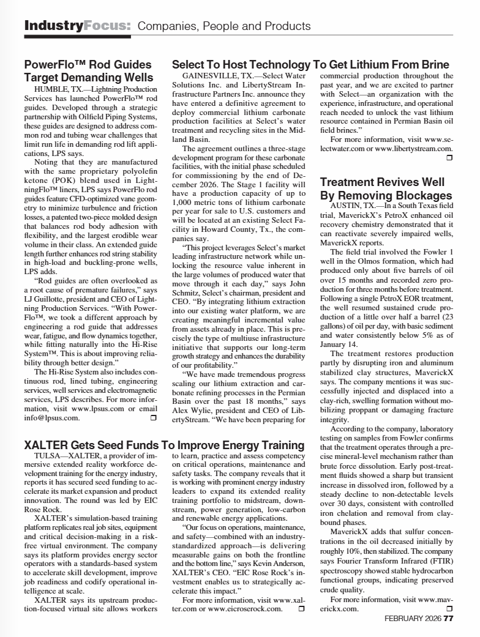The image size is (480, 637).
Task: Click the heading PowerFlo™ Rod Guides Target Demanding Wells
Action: [x=88, y=71]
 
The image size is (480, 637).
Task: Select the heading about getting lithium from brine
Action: [x=310, y=65]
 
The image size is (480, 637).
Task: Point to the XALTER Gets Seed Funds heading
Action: [x=164, y=444]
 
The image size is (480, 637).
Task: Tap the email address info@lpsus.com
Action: [x=52, y=418]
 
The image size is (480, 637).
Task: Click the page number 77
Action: [x=448, y=618]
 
